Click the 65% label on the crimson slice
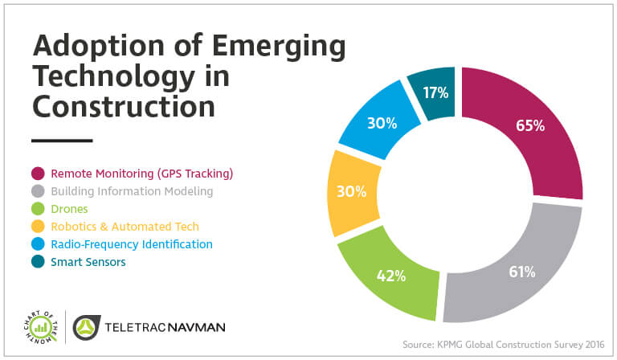tap(529, 125)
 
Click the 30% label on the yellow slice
tap(351, 192)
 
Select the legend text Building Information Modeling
tap(132, 191)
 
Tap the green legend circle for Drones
tap(38, 209)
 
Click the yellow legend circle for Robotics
tap(38, 227)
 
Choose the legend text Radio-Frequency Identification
tap(132, 243)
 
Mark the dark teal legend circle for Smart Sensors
tap(38, 261)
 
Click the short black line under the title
tap(63, 141)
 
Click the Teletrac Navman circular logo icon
tap(88, 327)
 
